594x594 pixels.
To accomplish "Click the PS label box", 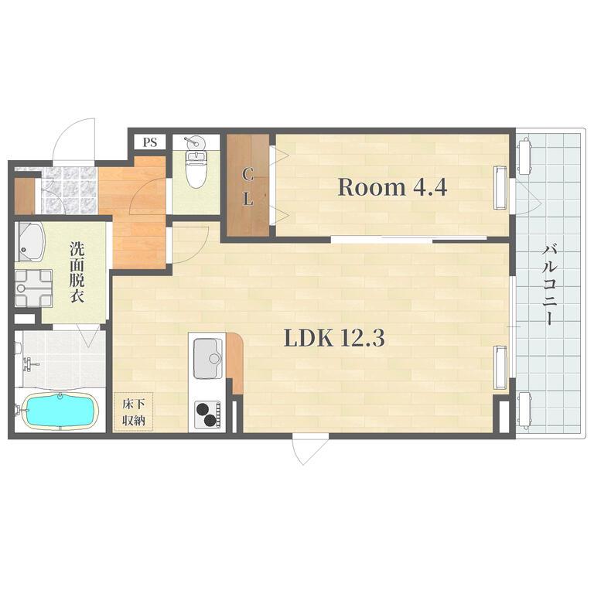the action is coord(150,142).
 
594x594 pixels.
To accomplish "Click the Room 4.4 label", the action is coord(392,187).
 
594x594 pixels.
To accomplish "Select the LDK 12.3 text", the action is coord(334,338).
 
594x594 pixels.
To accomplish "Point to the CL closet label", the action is coord(247,187).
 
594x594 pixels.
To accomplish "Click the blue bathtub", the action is coord(60,411).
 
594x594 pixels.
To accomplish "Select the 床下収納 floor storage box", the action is coord(134,411).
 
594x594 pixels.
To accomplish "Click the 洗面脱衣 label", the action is coord(77,272).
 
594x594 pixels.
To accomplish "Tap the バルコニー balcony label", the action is coord(549,285).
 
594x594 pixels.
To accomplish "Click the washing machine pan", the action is coord(34,288).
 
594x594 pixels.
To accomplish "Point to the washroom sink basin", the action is coord(30,242).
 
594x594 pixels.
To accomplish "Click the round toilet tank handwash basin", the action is coord(196,142).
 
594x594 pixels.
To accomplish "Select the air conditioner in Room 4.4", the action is coord(500,188).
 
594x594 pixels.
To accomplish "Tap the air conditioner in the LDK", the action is coord(500,367).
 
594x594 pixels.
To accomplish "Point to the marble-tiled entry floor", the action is coord(68,190).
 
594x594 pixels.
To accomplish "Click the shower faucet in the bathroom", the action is coord(29,364).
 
